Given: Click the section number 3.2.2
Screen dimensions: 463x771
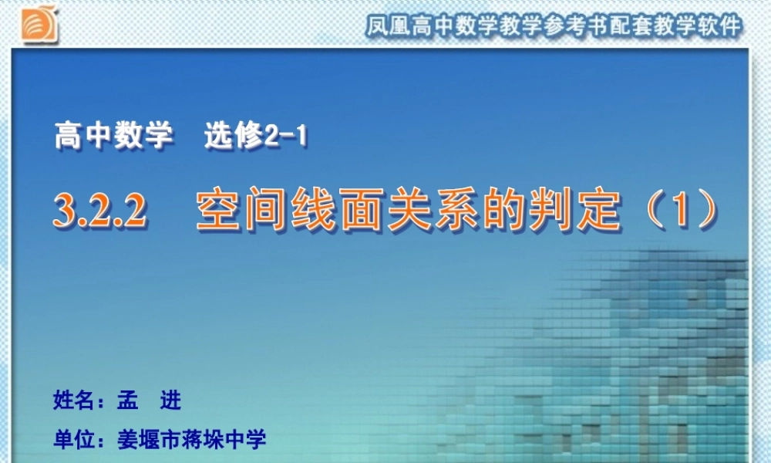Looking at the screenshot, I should tap(100, 211).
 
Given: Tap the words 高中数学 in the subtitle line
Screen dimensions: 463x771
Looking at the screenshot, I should tap(113, 137).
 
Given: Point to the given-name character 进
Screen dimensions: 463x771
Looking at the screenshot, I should tap(170, 401).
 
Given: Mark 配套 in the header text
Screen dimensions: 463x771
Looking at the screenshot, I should tap(628, 27).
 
